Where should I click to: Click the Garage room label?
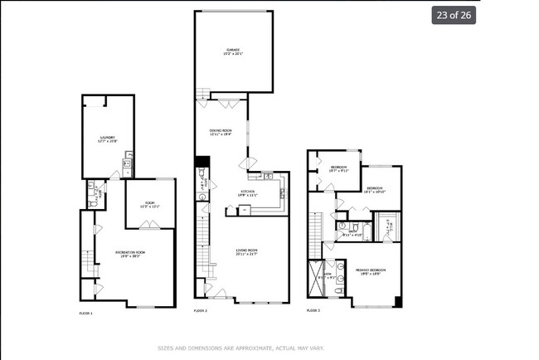(232, 51)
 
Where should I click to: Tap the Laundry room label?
(108, 139)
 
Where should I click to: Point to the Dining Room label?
(221, 133)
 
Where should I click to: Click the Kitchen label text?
(248, 194)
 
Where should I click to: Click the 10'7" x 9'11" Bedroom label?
(339, 168)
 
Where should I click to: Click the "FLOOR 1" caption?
(85, 313)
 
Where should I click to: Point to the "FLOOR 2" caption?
(200, 310)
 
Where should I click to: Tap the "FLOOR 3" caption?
(313, 310)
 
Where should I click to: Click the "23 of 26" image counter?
(453, 15)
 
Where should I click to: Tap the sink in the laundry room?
(128, 166)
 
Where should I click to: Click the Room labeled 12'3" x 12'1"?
(149, 204)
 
